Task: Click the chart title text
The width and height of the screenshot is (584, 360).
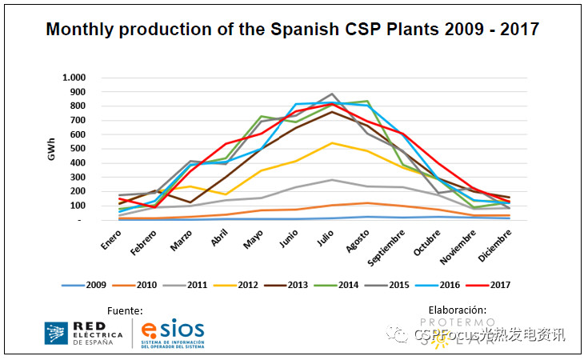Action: (292, 30)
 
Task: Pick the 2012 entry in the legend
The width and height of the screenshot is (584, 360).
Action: (240, 284)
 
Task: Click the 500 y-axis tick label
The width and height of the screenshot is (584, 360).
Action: (76, 149)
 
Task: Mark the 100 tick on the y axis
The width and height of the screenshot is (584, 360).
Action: (76, 206)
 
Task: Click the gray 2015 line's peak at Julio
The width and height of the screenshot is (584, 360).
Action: (331, 94)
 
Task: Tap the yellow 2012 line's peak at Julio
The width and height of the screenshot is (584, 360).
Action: (331, 143)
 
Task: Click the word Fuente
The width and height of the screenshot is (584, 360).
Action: (125, 310)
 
